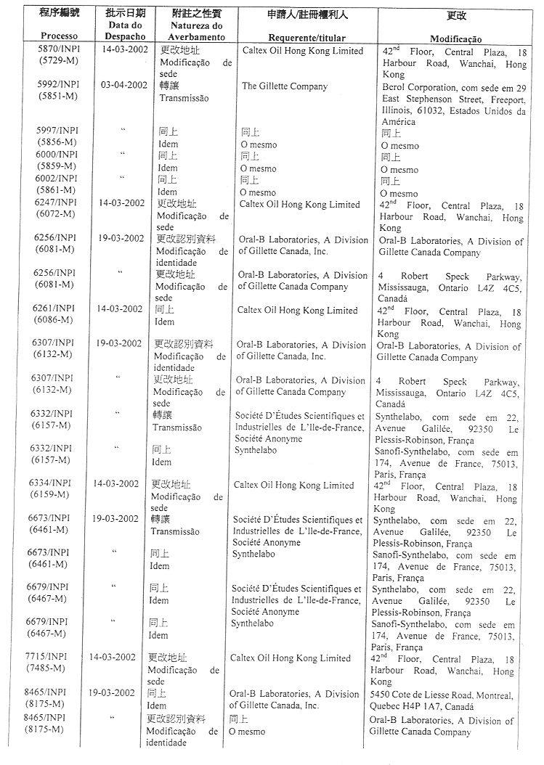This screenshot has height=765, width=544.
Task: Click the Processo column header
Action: click(x=60, y=36)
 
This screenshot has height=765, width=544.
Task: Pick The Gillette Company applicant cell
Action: click(x=284, y=86)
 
